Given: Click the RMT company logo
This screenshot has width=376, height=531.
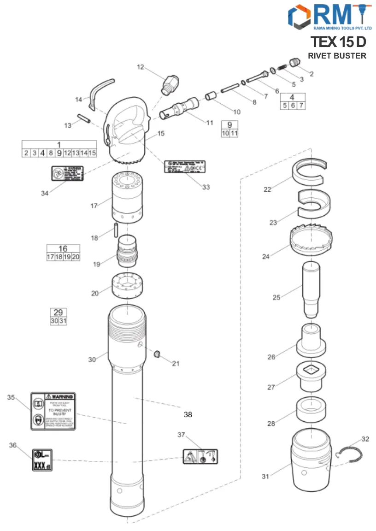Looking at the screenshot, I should [x=330, y=17].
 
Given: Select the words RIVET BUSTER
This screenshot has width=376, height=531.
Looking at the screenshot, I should [x=337, y=56].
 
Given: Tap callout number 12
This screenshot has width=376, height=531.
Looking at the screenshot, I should [x=141, y=67].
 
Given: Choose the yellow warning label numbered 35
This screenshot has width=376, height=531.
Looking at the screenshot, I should [x=53, y=411].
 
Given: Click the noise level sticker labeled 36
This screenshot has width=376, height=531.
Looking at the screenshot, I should [x=42, y=460].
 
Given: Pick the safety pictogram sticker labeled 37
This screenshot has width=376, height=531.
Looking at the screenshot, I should [x=200, y=456].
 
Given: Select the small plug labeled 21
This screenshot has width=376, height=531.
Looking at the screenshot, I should [x=157, y=354].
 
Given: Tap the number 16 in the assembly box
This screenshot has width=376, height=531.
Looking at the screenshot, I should [x=63, y=249].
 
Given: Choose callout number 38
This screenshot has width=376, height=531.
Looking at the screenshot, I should [x=188, y=414].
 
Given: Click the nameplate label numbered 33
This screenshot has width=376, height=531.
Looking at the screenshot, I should [x=185, y=167].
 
